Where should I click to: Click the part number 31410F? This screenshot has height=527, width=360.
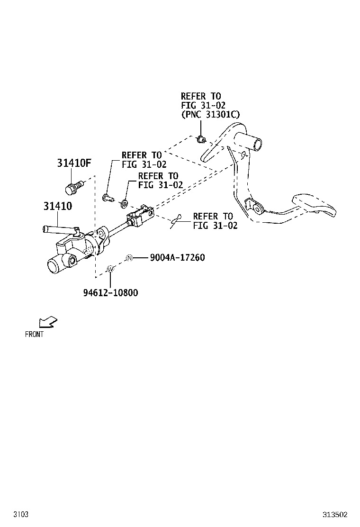[74, 164]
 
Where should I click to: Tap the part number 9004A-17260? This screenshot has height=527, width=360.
[177, 258]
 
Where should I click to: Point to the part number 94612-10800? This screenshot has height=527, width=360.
[110, 292]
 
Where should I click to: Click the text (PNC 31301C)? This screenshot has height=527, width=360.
[210, 114]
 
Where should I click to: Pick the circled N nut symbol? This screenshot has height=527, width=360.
[129, 258]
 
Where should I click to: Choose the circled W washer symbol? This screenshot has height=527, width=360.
[110, 269]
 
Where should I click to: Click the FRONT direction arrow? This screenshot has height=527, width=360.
[48, 322]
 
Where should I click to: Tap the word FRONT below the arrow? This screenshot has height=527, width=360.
[34, 334]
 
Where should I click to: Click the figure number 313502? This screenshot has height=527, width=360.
[335, 514]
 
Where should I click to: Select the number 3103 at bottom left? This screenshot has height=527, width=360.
[21, 514]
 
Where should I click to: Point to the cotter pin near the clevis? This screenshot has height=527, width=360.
[176, 220]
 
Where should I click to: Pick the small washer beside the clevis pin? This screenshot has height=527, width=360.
[123, 204]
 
